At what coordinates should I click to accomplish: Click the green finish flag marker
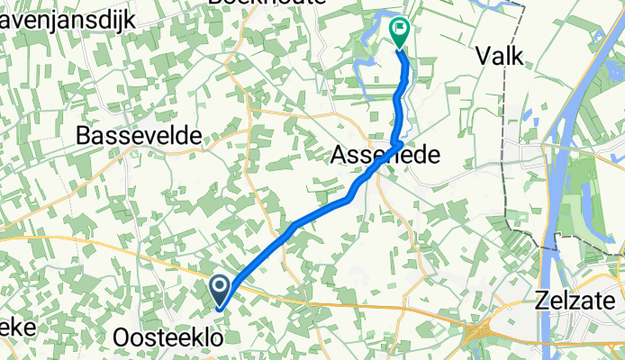399,32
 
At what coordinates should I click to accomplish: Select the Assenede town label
385,155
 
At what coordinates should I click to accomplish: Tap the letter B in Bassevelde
86,136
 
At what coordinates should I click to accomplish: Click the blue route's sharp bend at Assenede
398,142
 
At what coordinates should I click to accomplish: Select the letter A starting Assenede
339,155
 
